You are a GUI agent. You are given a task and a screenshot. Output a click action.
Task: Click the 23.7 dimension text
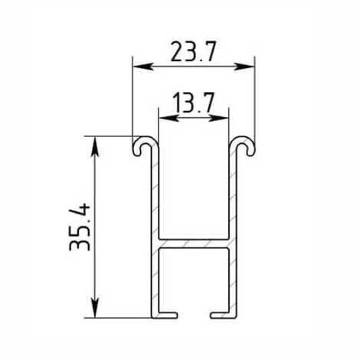pyautogui.click(x=194, y=52)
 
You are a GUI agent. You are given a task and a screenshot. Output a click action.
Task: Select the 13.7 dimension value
pyautogui.click(x=193, y=103)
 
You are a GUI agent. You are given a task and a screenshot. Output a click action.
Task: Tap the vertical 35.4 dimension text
pyautogui.click(x=80, y=227)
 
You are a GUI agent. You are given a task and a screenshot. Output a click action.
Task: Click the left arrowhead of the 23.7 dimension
pyautogui.click(x=143, y=67)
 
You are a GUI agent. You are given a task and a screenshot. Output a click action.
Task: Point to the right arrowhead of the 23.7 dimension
pyautogui.click(x=244, y=67)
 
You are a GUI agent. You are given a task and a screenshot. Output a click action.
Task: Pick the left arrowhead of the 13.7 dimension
pyautogui.click(x=169, y=118)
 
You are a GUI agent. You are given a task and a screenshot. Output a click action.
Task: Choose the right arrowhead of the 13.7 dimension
pyautogui.click(x=218, y=118)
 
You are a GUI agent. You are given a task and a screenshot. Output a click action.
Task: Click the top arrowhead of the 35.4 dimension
pyautogui.click(x=95, y=146)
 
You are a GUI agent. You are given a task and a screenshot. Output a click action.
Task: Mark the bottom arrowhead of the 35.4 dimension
pyautogui.click(x=95, y=308)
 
